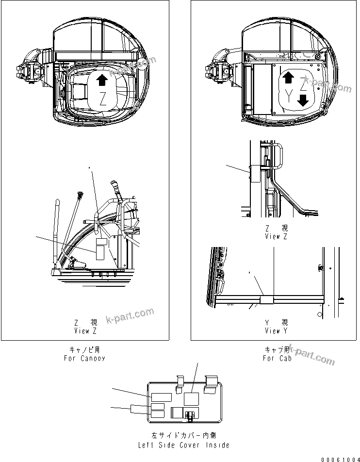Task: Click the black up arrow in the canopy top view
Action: click(x=101, y=80)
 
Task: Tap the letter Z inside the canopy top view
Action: click(x=102, y=100)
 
